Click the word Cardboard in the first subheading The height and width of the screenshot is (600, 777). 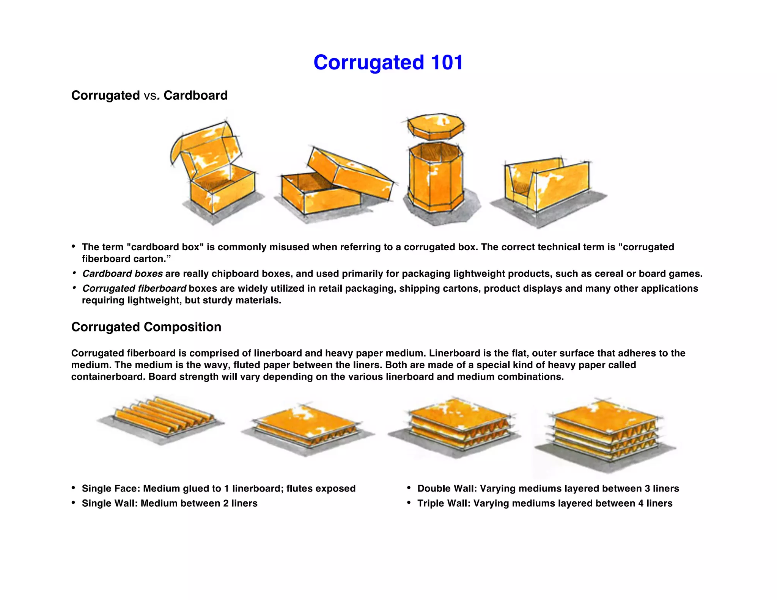coord(195,95)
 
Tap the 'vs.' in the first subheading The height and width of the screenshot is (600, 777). coord(151,96)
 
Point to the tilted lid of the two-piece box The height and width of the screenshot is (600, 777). coord(349,173)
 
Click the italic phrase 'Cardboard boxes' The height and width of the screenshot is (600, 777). coord(122,273)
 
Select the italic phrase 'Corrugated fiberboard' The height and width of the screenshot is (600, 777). coord(134,288)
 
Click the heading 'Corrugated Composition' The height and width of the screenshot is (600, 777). coord(146,327)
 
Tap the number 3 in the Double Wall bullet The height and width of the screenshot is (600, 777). coord(647,488)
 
